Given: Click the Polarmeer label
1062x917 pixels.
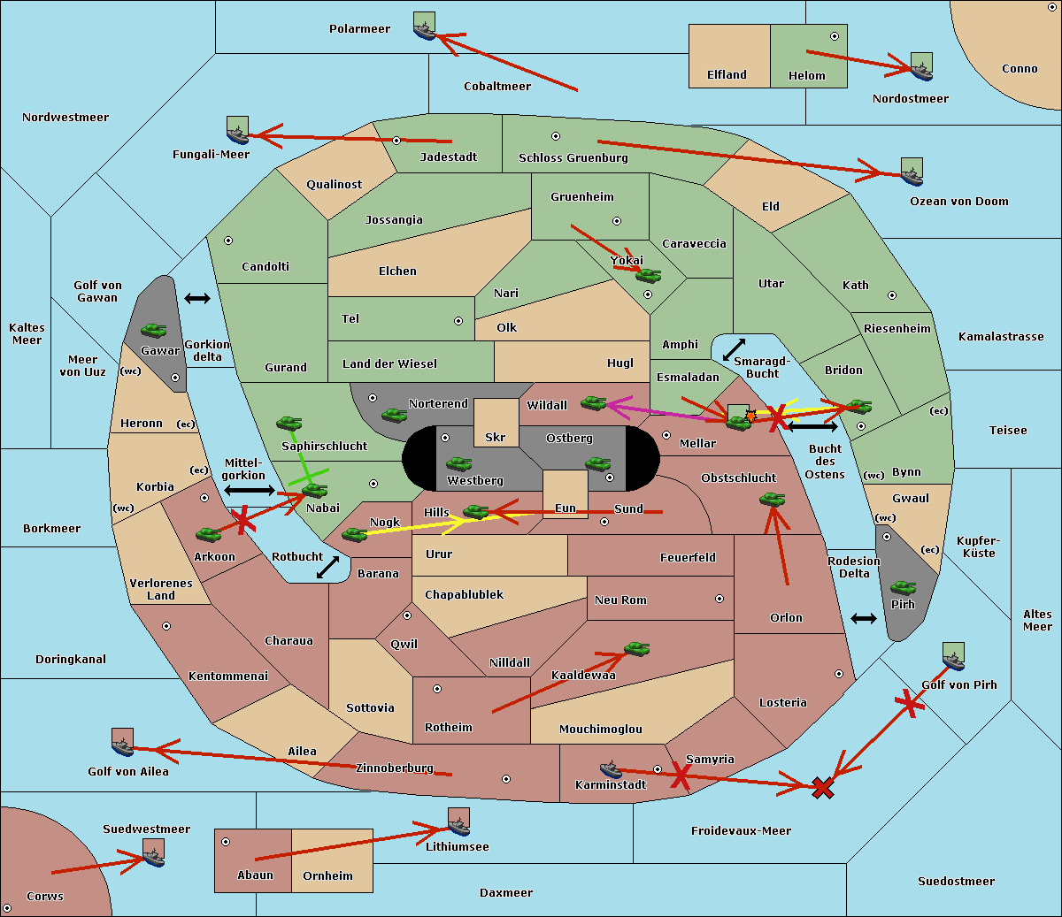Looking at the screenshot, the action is [x=359, y=29].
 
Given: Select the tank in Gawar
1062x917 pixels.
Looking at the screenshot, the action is [x=154, y=330].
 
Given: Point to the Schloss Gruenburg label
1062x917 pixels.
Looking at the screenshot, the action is [x=573, y=157].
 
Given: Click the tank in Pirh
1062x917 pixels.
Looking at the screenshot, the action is [x=903, y=587].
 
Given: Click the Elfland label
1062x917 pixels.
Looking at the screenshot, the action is [x=727, y=74].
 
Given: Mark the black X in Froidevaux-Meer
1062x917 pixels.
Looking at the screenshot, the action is [x=822, y=788].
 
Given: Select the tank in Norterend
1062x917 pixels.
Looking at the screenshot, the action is [x=394, y=415].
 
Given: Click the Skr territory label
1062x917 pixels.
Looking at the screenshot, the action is [x=496, y=437].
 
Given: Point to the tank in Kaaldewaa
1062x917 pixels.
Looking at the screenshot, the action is [x=636, y=649].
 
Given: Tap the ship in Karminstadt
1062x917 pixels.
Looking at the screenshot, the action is [x=611, y=769].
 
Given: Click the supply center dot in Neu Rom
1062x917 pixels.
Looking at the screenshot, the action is [x=720, y=599].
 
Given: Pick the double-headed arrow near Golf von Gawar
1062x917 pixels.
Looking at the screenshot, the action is [x=197, y=298].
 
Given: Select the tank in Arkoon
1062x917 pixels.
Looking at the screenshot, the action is [x=209, y=534].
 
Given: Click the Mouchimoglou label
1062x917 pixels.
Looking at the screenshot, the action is [x=601, y=729].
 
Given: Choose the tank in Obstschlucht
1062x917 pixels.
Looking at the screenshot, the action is [x=773, y=499].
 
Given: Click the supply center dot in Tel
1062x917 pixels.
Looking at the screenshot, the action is [x=458, y=321].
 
